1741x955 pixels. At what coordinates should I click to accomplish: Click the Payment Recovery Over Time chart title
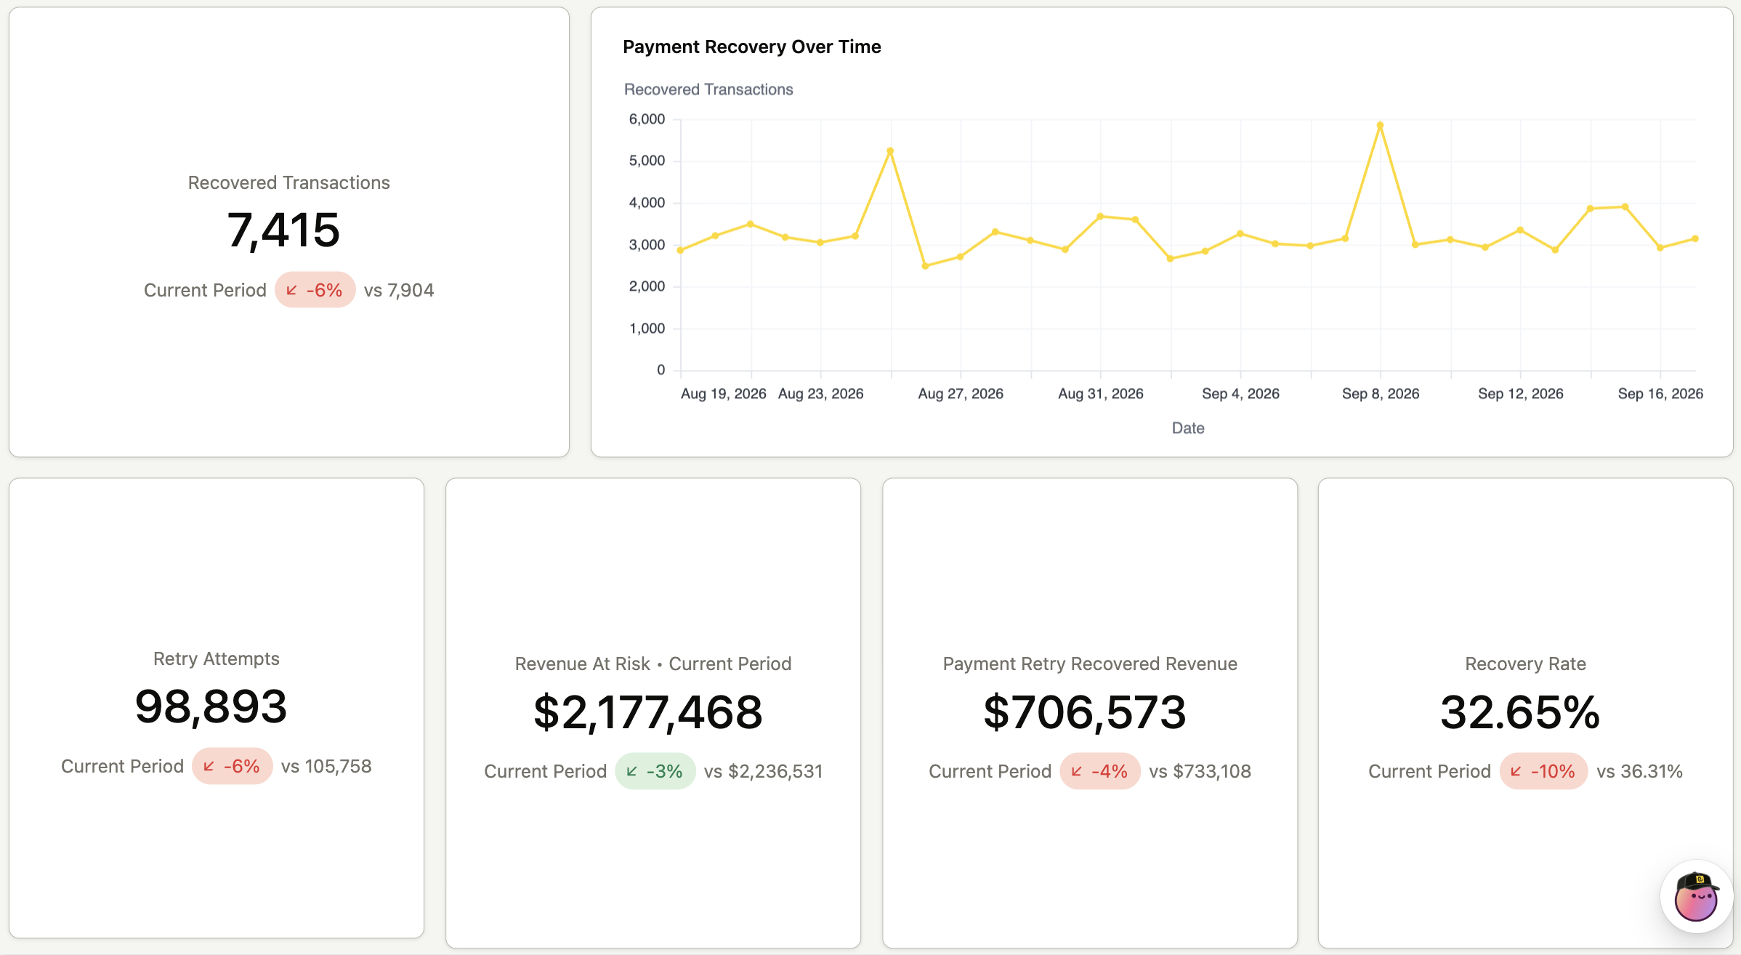point(751,47)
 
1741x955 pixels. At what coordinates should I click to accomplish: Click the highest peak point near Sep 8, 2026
point(1380,125)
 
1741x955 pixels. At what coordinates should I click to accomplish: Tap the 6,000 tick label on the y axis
point(647,119)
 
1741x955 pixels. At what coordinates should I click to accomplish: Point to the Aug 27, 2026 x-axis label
point(961,394)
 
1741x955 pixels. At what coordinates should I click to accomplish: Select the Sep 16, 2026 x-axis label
point(1660,394)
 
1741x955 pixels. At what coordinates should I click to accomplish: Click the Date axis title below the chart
point(1188,428)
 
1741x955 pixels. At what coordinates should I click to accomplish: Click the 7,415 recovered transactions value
point(283,230)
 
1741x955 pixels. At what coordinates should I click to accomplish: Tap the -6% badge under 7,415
point(315,290)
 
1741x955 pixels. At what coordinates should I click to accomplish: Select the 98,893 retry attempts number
point(211,706)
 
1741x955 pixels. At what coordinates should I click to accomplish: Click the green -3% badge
point(655,771)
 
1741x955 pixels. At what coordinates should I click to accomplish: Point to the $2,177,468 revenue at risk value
point(648,712)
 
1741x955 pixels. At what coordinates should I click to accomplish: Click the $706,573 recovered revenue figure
point(1085,712)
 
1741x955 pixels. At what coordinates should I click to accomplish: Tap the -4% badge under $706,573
point(1099,771)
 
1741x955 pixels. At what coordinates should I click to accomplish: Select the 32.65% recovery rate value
point(1520,712)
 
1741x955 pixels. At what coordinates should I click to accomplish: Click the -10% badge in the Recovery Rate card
point(1543,771)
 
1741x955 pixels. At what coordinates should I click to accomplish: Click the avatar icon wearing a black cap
point(1697,897)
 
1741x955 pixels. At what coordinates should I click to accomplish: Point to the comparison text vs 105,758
point(326,766)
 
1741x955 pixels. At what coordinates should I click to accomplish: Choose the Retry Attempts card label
point(217,658)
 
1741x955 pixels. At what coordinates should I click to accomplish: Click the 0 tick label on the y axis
point(661,370)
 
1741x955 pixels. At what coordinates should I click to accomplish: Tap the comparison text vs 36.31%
point(1639,771)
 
